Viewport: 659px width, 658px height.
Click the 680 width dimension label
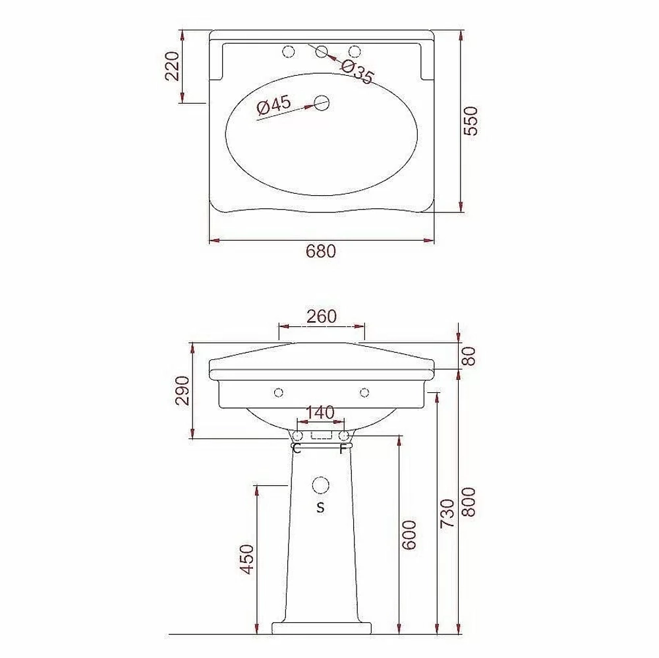[x=321, y=251]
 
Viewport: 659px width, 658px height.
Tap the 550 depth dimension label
[x=471, y=121]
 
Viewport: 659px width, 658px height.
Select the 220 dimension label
[x=172, y=65]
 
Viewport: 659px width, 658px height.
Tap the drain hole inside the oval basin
[x=322, y=103]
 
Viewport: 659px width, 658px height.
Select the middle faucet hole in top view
[x=322, y=51]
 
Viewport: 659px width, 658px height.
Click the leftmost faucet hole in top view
[x=289, y=51]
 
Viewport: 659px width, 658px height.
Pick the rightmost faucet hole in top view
[x=355, y=51]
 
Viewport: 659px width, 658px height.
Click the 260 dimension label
[x=322, y=316]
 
